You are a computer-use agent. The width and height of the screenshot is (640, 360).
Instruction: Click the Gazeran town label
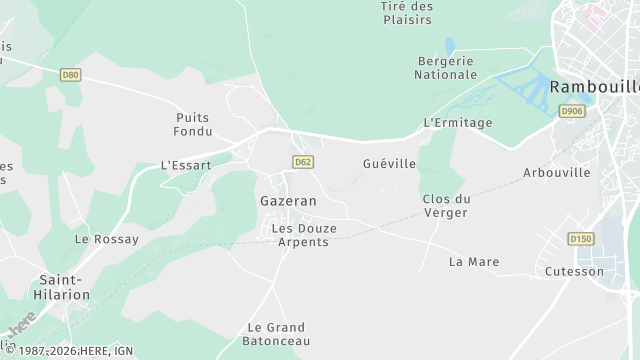pos(288,201)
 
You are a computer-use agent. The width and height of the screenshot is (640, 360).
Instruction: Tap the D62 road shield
pos(303,162)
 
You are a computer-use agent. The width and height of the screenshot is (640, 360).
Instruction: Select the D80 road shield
pos(69,74)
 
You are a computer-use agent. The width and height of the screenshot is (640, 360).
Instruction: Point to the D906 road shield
pos(572,111)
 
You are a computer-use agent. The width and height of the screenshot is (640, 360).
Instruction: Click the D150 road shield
pos(581,239)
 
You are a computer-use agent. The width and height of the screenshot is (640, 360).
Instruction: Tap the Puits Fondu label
pos(192,124)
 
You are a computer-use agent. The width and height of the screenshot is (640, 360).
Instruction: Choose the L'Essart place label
pos(186,165)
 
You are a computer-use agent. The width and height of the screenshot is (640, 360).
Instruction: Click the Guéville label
pos(389,163)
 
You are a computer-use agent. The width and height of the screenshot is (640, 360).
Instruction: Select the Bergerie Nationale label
pos(447,67)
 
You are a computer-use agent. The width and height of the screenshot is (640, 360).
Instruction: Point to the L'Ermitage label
pos(458,123)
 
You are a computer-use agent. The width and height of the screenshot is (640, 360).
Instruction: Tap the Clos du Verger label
pos(446,205)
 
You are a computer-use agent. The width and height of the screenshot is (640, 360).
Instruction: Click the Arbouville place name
pos(557,173)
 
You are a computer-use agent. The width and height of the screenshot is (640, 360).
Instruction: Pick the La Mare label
pos(474,262)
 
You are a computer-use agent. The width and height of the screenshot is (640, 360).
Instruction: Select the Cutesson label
pos(575,271)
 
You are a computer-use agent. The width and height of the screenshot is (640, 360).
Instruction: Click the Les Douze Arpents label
pos(304,235)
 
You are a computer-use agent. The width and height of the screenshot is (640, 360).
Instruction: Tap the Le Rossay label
pos(105,240)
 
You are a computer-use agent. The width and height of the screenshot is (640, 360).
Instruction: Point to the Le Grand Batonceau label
pos(276,334)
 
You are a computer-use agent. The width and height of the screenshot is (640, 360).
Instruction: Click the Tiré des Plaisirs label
pos(407,13)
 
